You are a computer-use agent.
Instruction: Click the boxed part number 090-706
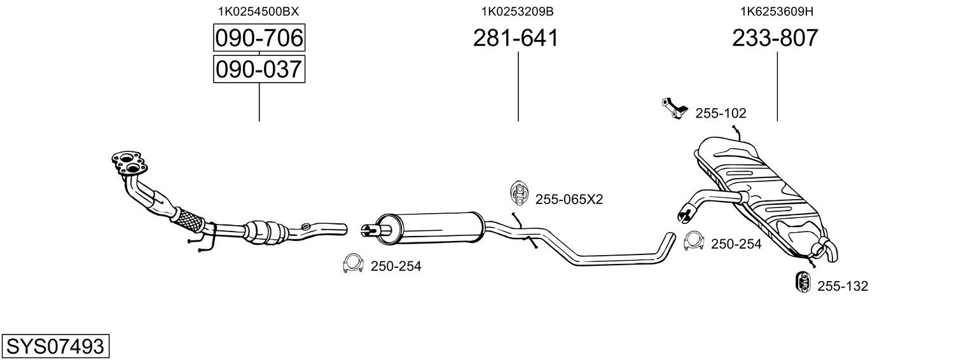click(x=259, y=38)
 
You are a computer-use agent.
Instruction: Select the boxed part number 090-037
click(x=259, y=69)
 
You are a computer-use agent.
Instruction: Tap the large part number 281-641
click(x=516, y=38)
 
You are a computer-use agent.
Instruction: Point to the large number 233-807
click(x=775, y=38)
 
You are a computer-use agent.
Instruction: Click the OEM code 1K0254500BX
click(x=258, y=11)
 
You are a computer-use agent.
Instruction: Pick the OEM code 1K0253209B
click(x=517, y=11)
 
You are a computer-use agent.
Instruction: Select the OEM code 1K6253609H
click(x=776, y=11)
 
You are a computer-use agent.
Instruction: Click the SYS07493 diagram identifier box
click(x=55, y=346)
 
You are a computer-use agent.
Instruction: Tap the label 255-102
click(x=721, y=113)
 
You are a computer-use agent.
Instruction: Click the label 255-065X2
click(x=569, y=199)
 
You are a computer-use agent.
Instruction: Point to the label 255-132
click(x=843, y=286)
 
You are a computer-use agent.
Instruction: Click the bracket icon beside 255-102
click(x=673, y=109)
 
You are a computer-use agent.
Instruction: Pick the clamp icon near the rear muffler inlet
click(x=694, y=242)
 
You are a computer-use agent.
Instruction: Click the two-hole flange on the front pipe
click(x=129, y=163)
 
